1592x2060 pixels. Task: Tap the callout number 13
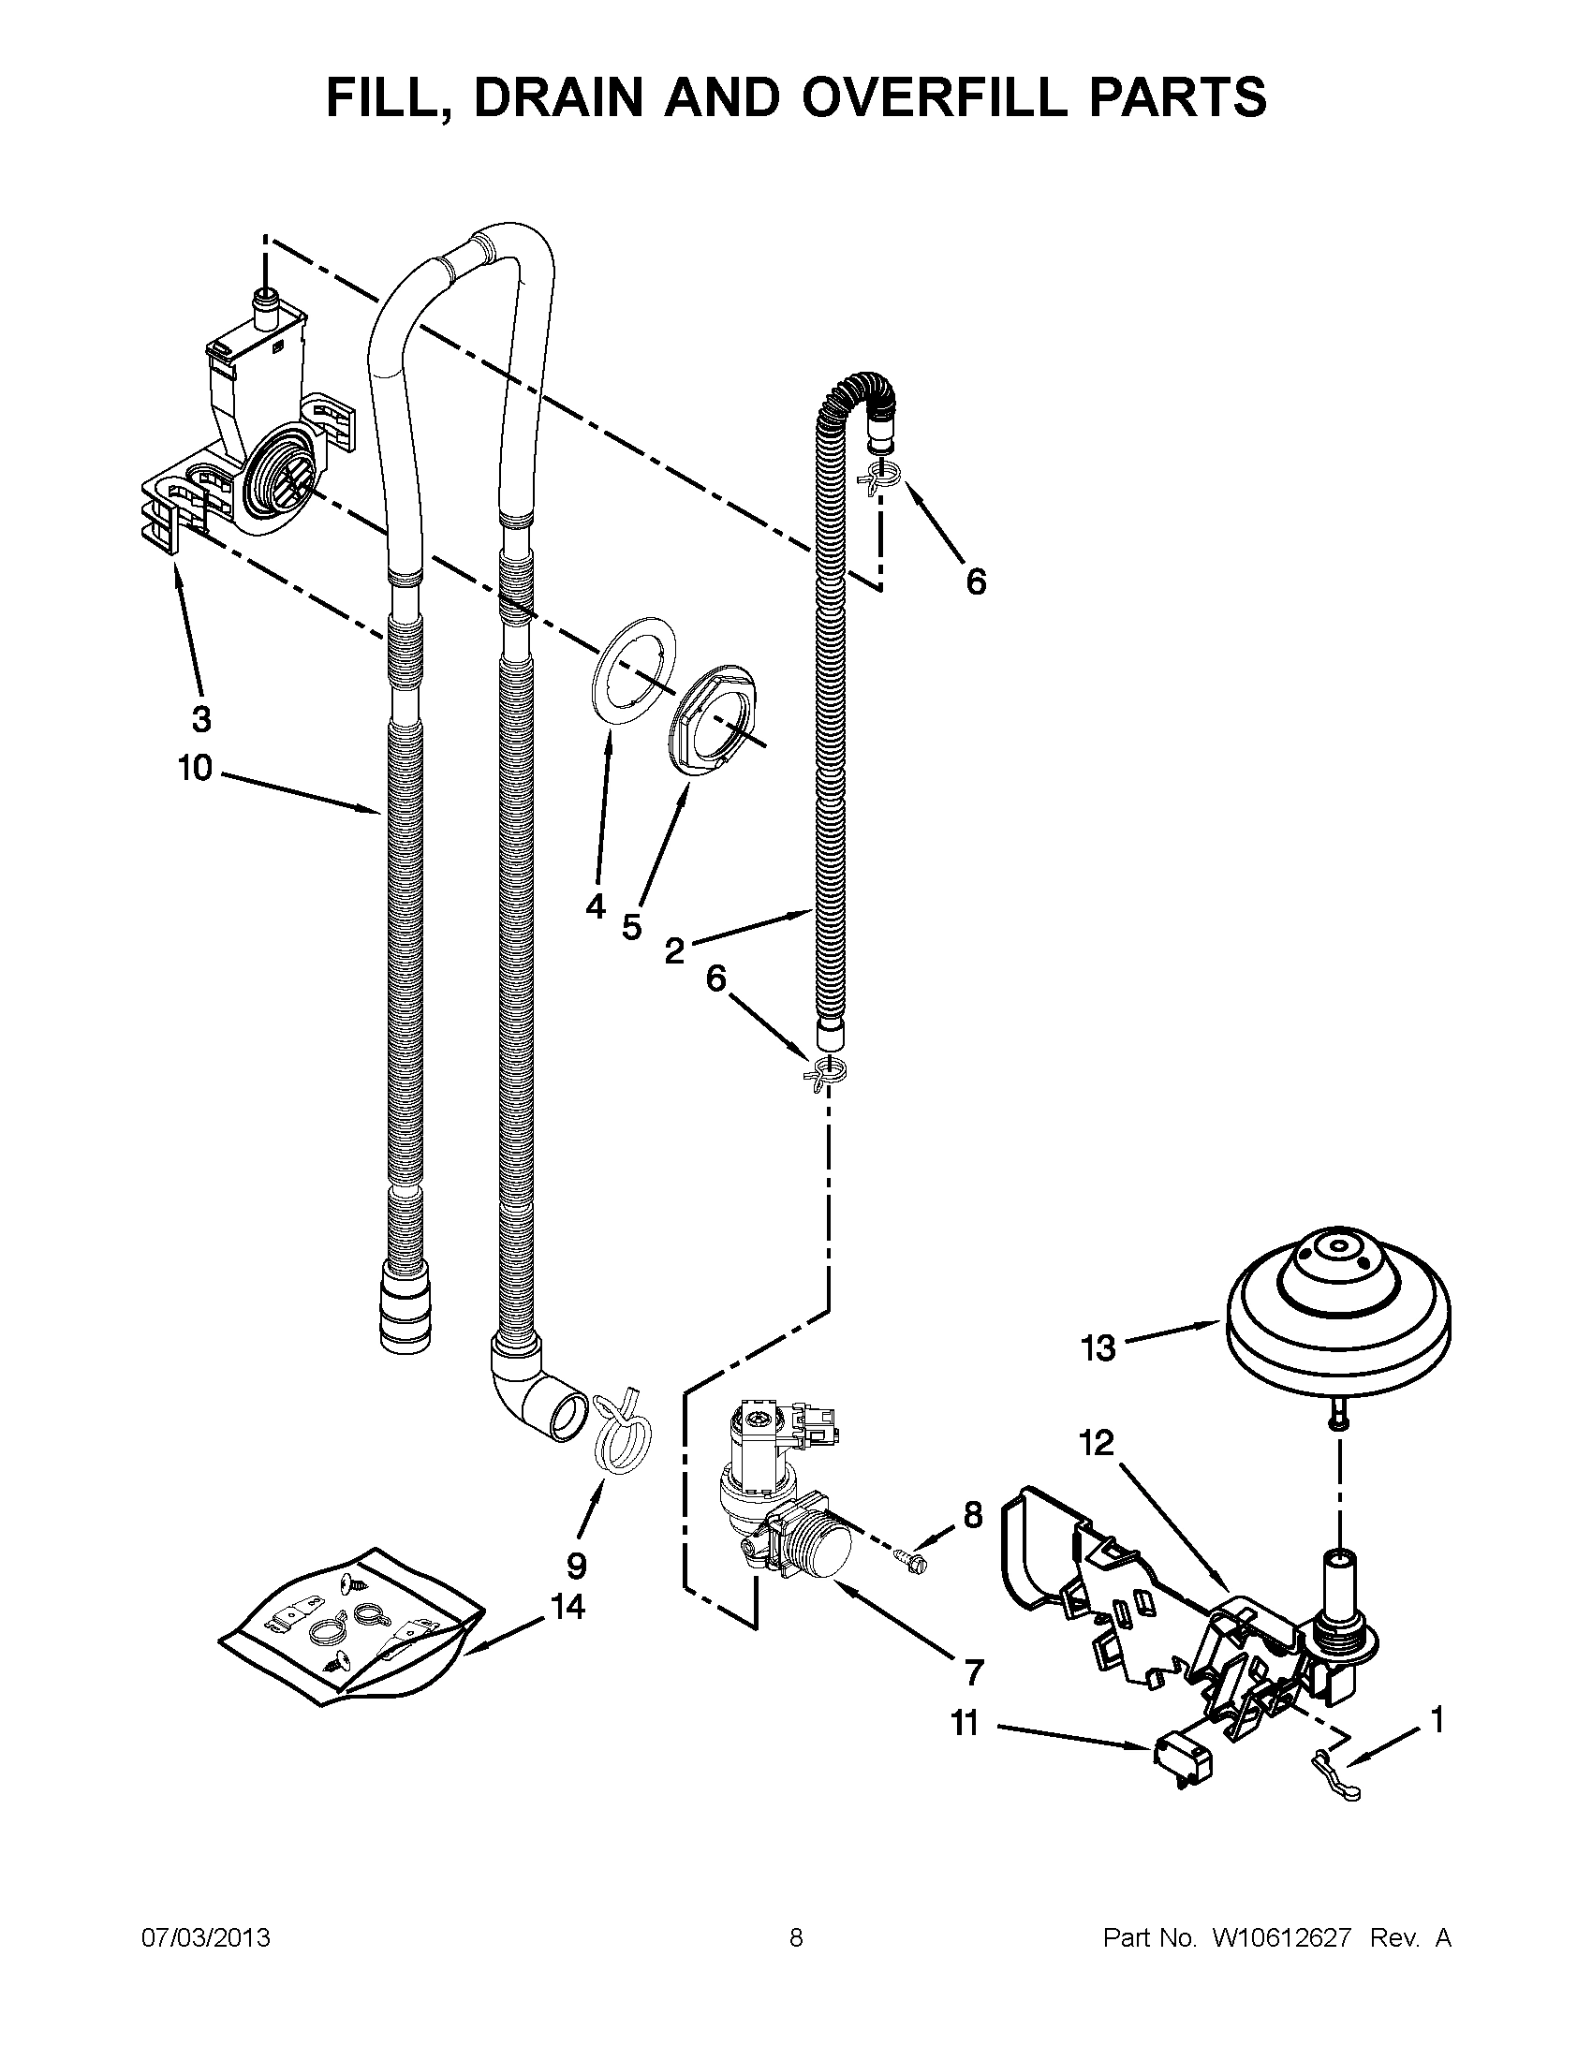(x=1098, y=1348)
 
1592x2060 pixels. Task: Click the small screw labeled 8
(x=913, y=1559)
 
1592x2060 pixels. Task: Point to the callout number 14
(x=568, y=1605)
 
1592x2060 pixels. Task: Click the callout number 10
(x=195, y=769)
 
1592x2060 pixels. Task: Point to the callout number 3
(x=201, y=719)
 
